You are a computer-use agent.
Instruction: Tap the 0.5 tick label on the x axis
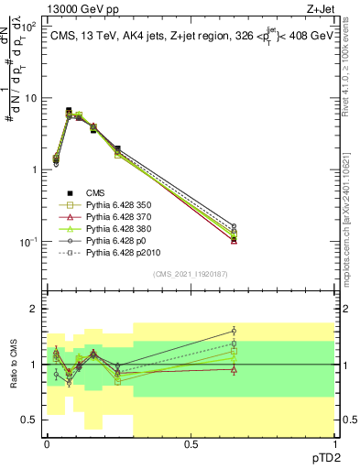coord(191,443)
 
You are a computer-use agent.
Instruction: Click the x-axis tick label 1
coord(333,443)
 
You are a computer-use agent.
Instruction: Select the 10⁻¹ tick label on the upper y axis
coord(29,242)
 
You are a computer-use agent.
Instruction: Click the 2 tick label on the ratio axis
coord(35,310)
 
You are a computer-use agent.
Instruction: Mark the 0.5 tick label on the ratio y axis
coord(31,420)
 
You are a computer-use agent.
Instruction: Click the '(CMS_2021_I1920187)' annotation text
coord(190,274)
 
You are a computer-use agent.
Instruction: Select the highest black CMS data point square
coord(69,110)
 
